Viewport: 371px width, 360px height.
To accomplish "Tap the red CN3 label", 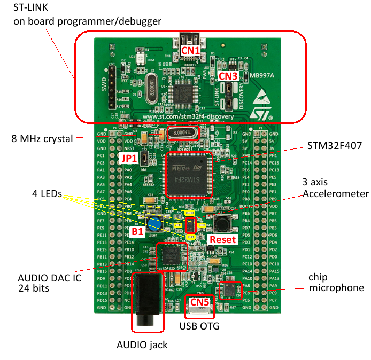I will (x=229, y=76).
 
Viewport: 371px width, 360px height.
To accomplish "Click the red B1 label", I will (x=138, y=232).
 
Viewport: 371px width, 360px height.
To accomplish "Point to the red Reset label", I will (x=222, y=240).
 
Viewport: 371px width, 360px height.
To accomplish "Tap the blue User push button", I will (x=154, y=224).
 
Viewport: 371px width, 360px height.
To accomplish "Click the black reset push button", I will (x=221, y=222).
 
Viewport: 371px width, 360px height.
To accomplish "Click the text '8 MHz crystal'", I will (x=42, y=138).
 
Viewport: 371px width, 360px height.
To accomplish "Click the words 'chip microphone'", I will (x=336, y=283).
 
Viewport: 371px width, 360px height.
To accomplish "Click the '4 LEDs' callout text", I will (x=47, y=195).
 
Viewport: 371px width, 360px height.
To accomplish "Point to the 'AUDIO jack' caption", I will (x=142, y=345).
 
